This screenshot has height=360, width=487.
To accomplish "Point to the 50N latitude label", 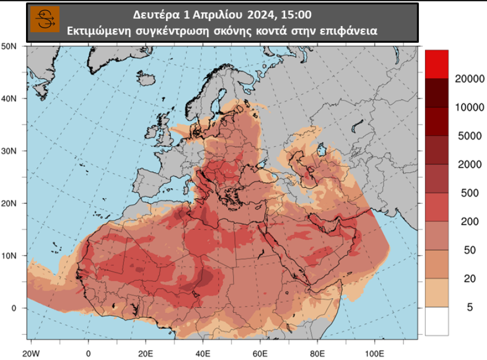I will pos(9,46).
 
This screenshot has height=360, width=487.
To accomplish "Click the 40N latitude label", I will pos(9,99).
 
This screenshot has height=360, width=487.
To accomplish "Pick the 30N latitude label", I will pos(9,151).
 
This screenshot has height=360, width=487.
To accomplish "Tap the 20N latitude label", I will pos(9,203).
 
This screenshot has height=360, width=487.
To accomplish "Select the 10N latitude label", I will pos(9,255).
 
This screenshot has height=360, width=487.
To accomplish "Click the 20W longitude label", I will pos(31,353).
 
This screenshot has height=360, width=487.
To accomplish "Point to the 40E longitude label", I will pos(203,353).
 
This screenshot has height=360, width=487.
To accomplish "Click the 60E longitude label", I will pos(260,353).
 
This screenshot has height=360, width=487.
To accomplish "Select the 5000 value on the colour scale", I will pos(469,136).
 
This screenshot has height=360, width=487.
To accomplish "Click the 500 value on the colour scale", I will pos(469,193).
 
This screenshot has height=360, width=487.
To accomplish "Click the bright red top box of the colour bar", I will pos(437,64).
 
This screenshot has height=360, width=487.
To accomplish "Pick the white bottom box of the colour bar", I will pos(437,321).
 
